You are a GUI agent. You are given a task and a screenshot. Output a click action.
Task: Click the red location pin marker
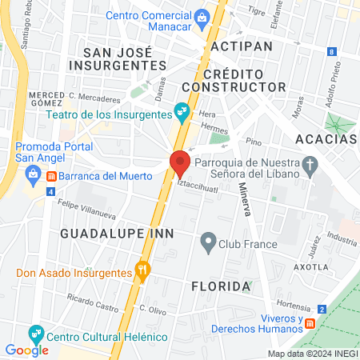(180, 162)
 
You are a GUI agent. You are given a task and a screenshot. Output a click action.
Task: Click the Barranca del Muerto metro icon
(51, 175)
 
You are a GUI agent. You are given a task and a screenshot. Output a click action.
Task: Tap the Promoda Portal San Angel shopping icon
(34, 174)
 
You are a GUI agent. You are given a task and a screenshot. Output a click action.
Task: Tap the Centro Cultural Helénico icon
(35, 333)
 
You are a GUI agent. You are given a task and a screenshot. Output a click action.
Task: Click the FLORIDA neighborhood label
(216, 286)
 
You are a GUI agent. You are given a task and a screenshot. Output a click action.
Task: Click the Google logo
(26, 350)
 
